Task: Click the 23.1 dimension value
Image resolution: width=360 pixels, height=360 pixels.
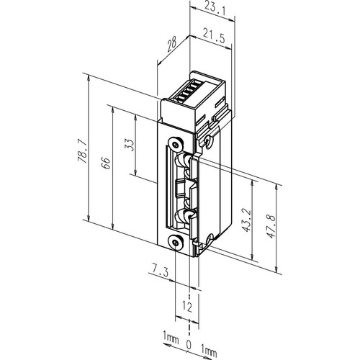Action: click(215, 9)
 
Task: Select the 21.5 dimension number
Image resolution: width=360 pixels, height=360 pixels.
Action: click(214, 36)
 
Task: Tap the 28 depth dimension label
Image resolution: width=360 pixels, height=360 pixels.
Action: click(172, 44)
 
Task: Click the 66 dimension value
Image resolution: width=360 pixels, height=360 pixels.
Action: click(106, 163)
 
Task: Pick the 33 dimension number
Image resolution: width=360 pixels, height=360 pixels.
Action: click(130, 145)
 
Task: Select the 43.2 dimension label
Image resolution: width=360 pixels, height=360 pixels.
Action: click(246, 220)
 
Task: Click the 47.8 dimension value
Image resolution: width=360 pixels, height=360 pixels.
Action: click(271, 226)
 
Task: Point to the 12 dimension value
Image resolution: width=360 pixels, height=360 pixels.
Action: click(187, 307)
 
